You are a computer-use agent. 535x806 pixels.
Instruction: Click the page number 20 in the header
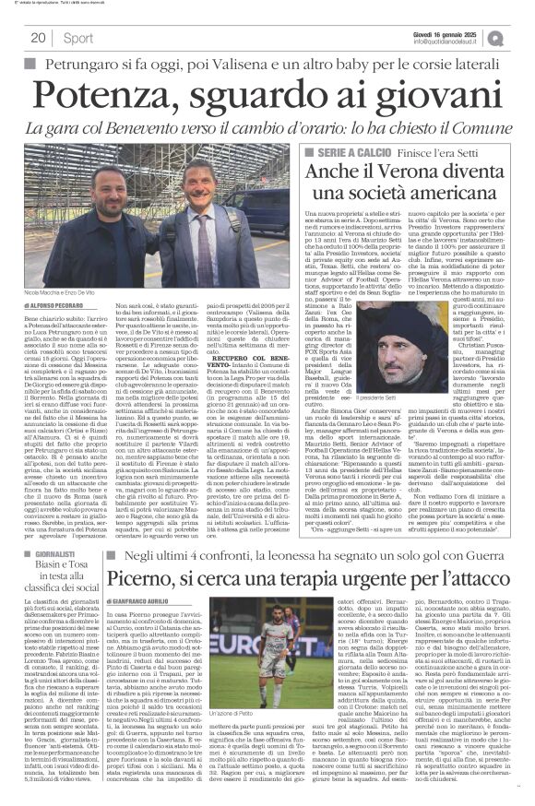pyautogui.click(x=39, y=37)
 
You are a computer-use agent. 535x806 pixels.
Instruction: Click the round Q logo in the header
pyautogui.click(x=522, y=36)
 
